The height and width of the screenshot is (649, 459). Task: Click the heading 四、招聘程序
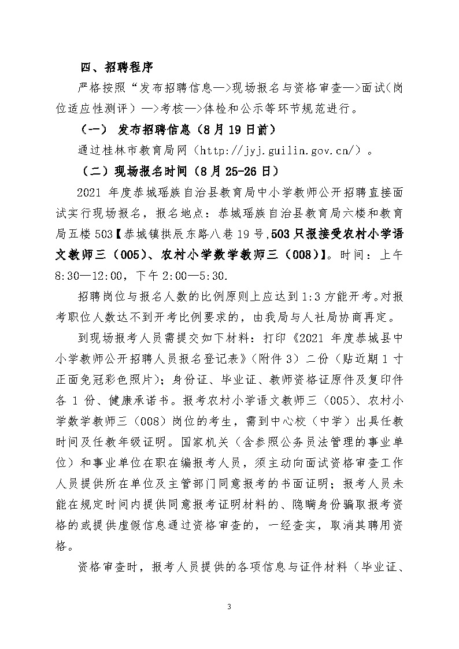point(116,68)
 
